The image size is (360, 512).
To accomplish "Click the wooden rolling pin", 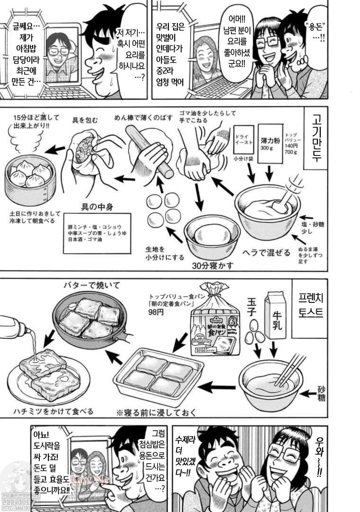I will [150, 151].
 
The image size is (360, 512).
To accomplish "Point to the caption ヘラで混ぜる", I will [267, 252].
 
